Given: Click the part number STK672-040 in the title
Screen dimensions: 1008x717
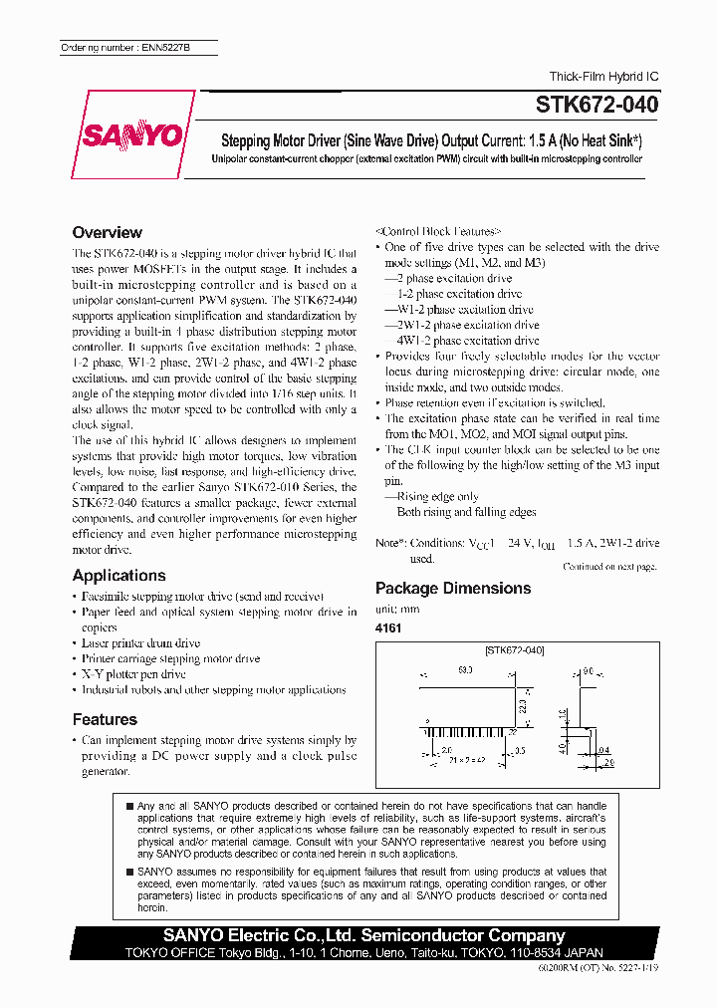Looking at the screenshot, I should (597, 103).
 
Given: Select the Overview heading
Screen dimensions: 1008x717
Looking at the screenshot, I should (114, 231).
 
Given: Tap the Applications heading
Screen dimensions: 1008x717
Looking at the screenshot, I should (119, 575).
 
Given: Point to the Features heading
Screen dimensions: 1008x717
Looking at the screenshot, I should (105, 719).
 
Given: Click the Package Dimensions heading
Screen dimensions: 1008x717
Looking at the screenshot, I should (452, 588).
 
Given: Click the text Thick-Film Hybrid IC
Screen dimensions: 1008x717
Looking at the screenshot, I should (603, 77).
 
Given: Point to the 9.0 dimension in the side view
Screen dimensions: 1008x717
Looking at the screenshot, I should (588, 671).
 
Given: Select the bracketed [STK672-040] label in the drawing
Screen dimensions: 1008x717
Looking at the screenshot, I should (514, 650).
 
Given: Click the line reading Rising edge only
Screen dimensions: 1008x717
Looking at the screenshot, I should (437, 496).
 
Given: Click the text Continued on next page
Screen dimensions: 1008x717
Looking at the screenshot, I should (609, 566).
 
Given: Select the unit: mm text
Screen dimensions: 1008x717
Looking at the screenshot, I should (397, 609).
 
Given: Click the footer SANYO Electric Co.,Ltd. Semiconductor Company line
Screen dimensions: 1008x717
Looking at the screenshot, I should (365, 935).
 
